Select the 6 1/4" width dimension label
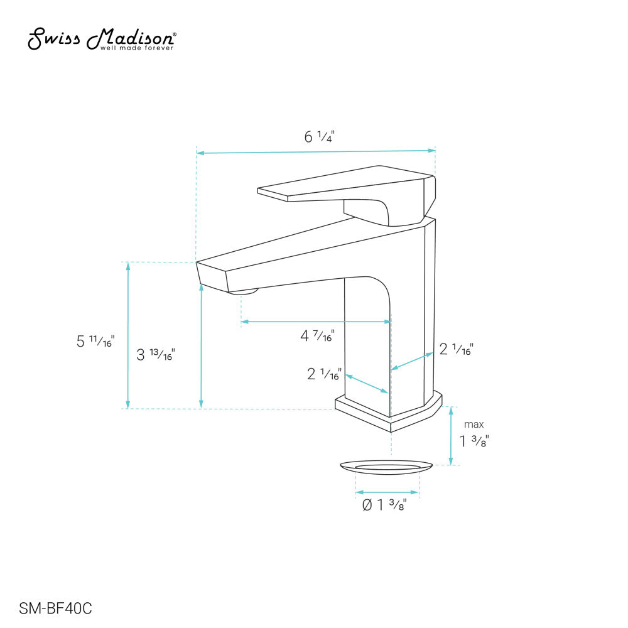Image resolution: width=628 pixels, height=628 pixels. point(319,136)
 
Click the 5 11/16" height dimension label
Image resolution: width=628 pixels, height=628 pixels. point(95,342)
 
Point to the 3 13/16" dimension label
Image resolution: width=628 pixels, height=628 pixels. point(155,355)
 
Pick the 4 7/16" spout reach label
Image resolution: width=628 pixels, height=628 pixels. point(317,336)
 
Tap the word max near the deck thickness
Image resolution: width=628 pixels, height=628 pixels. point(474,425)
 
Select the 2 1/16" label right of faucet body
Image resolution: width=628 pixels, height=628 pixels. point(456,350)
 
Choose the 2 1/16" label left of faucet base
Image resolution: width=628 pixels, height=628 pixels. point(324,374)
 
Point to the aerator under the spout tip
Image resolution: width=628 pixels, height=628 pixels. point(243,291)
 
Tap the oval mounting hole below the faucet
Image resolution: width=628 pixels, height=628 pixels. point(386,466)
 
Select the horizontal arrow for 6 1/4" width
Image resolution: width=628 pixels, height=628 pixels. point(316,151)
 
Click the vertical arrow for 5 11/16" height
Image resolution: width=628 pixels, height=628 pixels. point(128,335)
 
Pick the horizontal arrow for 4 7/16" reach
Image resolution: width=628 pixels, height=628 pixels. point(316,322)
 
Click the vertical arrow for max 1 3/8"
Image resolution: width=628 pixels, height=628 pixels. point(451,436)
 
